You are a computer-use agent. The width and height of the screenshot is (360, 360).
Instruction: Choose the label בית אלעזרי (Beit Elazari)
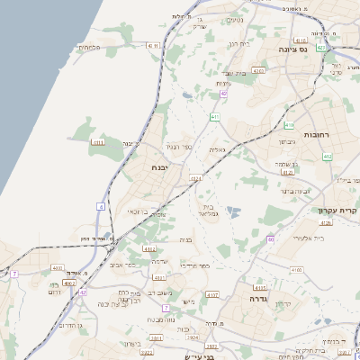[x=307, y=238]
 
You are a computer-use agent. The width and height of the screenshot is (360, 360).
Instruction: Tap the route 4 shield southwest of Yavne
[x=101, y=207]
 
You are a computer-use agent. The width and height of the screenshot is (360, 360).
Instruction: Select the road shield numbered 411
[x=215, y=117]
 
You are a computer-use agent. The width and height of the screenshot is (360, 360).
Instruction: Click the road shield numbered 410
[x=289, y=125]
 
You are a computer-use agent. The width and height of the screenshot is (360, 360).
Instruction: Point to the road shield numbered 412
[x=327, y=157]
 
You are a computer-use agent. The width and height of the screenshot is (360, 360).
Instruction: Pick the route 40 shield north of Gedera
[x=270, y=239]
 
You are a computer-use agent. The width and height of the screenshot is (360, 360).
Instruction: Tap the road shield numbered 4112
[x=149, y=248]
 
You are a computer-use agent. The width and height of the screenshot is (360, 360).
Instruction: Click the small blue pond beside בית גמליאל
[x=234, y=213]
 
